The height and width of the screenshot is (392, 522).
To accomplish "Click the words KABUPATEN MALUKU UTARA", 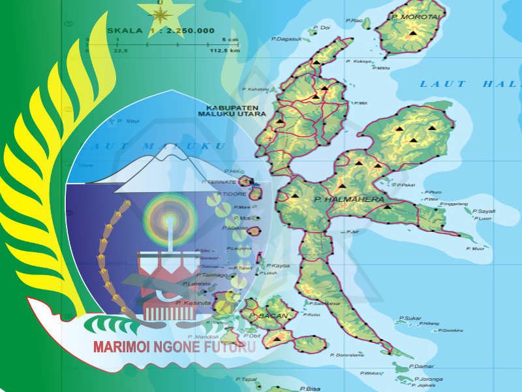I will pos(228,110).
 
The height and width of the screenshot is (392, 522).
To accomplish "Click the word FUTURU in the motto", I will pos(232,347).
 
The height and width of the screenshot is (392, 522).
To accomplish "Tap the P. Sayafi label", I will pos(485,211).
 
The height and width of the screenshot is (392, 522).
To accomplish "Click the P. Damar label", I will pos(424,367).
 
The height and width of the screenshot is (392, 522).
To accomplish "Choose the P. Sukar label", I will pos(408,318).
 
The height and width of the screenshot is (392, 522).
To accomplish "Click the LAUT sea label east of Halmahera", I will pos(443,83).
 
